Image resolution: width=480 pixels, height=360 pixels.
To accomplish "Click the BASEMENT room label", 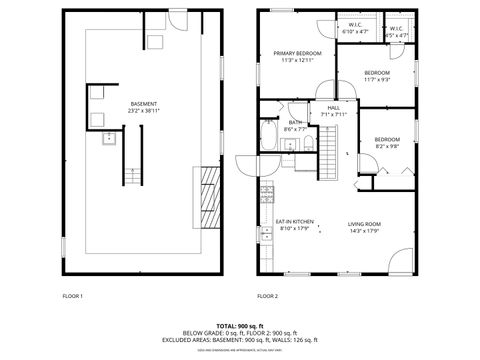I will coord(143,104).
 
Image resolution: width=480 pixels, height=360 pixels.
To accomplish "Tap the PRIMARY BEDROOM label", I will coord(300,53).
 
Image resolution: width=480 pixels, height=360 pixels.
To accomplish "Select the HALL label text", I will coord(333,107).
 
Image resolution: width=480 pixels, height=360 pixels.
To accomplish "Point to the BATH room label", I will coord(295,122).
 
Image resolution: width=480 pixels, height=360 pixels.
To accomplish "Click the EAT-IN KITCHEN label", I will coord(295,221).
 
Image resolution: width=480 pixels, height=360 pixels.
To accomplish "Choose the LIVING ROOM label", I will coord(365,224).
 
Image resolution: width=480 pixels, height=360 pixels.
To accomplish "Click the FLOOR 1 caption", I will coord(73,296).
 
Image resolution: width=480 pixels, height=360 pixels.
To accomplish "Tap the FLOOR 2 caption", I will coord(267,296).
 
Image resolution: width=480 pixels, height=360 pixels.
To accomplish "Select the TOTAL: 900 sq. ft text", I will coord(239,326).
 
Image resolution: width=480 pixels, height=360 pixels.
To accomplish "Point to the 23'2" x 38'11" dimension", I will coord(143,111).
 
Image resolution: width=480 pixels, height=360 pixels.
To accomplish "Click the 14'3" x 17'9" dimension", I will coord(365,231).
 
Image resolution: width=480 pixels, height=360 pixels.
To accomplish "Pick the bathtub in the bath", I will coord(271,135).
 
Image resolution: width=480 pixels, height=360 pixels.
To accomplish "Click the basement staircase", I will coord(131,175).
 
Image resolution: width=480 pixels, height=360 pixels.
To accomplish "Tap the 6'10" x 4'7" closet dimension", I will coord(355,32).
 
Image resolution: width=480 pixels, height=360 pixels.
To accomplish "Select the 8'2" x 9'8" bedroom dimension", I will coord(387,146).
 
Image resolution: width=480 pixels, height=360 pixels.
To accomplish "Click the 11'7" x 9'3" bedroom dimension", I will coord(377,80).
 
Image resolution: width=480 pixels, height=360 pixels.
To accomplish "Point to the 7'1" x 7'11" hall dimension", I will coord(333,114).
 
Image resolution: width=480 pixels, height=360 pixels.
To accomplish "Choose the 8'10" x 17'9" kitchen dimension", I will coord(295,228).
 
